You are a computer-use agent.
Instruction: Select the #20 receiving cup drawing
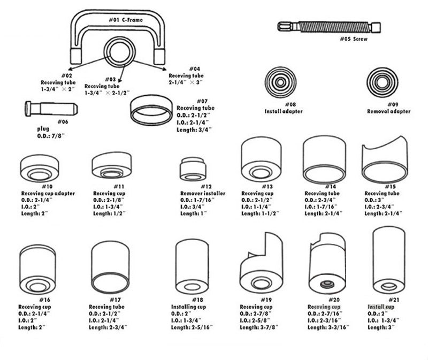tap(327, 267)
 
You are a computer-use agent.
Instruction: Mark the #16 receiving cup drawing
tap(38, 270)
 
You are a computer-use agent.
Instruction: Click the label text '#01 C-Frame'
tap(125, 20)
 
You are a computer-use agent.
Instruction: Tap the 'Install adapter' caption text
tap(284, 112)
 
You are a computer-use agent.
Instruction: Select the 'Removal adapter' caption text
tap(389, 112)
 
